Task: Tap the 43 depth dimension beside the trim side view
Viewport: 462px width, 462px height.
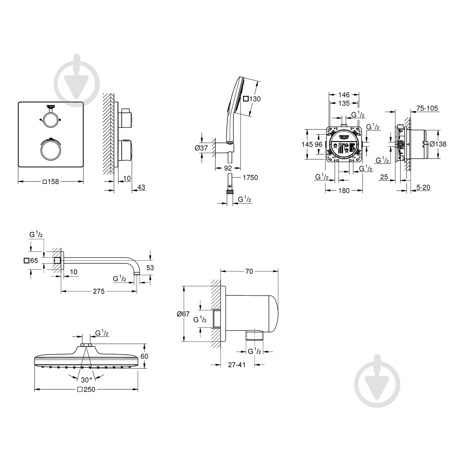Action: (141, 187)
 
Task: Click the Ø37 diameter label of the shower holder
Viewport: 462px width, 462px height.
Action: (201, 148)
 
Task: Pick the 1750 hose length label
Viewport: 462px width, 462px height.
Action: (250, 178)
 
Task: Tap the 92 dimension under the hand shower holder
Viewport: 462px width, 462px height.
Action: (228, 168)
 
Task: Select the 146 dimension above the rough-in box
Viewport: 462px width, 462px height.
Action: (344, 95)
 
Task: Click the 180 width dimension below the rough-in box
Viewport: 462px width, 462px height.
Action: (344, 191)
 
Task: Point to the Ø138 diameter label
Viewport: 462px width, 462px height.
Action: (438, 144)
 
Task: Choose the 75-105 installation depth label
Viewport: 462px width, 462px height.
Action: (427, 108)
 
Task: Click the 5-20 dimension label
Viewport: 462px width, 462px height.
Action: (423, 187)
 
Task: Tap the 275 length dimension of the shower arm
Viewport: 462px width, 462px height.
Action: (99, 291)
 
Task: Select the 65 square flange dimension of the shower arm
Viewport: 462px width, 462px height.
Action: (31, 261)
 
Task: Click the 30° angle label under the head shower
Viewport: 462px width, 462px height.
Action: (87, 380)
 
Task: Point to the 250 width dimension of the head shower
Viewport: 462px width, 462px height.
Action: (86, 390)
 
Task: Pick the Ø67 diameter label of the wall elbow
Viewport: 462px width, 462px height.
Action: (183, 314)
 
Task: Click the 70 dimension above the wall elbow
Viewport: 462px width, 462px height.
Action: (249, 271)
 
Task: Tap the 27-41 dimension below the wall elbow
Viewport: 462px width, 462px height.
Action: (237, 365)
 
